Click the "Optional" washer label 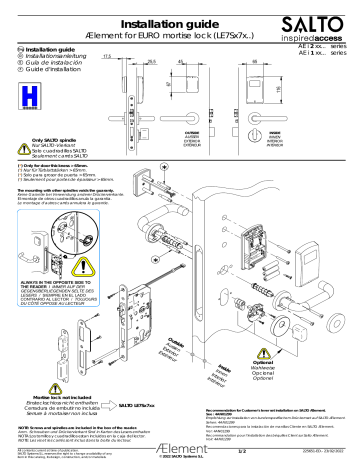click(x=318, y=346)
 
